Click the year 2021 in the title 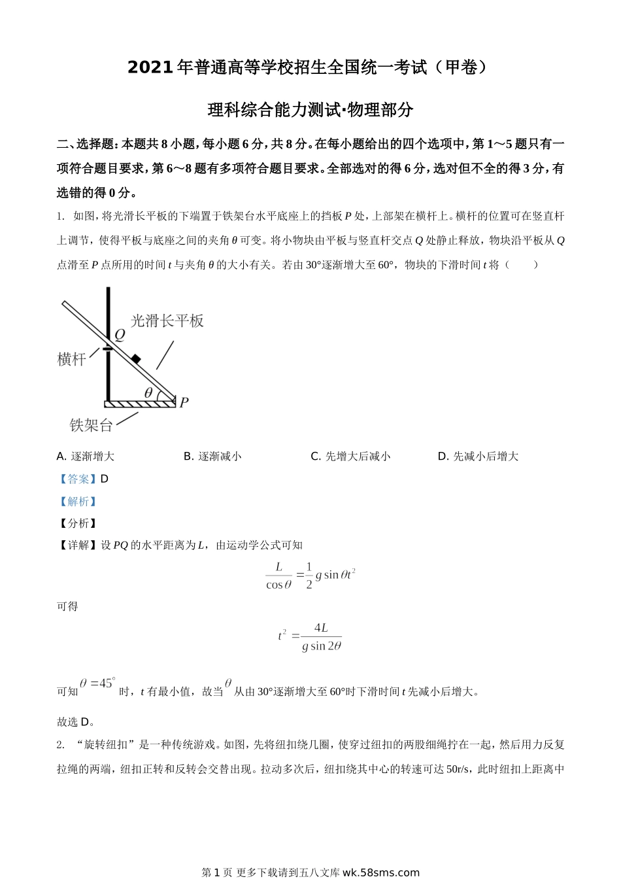pos(150,67)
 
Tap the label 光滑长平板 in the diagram pos(167,320)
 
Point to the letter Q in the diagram pos(120,335)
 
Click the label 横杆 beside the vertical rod pos(72,359)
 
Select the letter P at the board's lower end pos(184,402)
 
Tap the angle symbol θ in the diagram pos(149,392)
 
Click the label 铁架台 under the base pos(91,425)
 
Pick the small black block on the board pos(135,358)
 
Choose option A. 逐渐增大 pos(86,457)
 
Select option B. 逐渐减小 pos(212,457)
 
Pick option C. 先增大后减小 pos(350,457)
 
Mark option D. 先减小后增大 pos(478,457)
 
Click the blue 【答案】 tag pos(78,479)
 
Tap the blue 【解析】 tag pos(78,502)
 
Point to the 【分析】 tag pos(78,523)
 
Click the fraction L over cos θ pos(278,576)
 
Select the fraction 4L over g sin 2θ pos(322,636)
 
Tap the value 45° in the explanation pos(103,683)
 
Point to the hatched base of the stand pos(141,404)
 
